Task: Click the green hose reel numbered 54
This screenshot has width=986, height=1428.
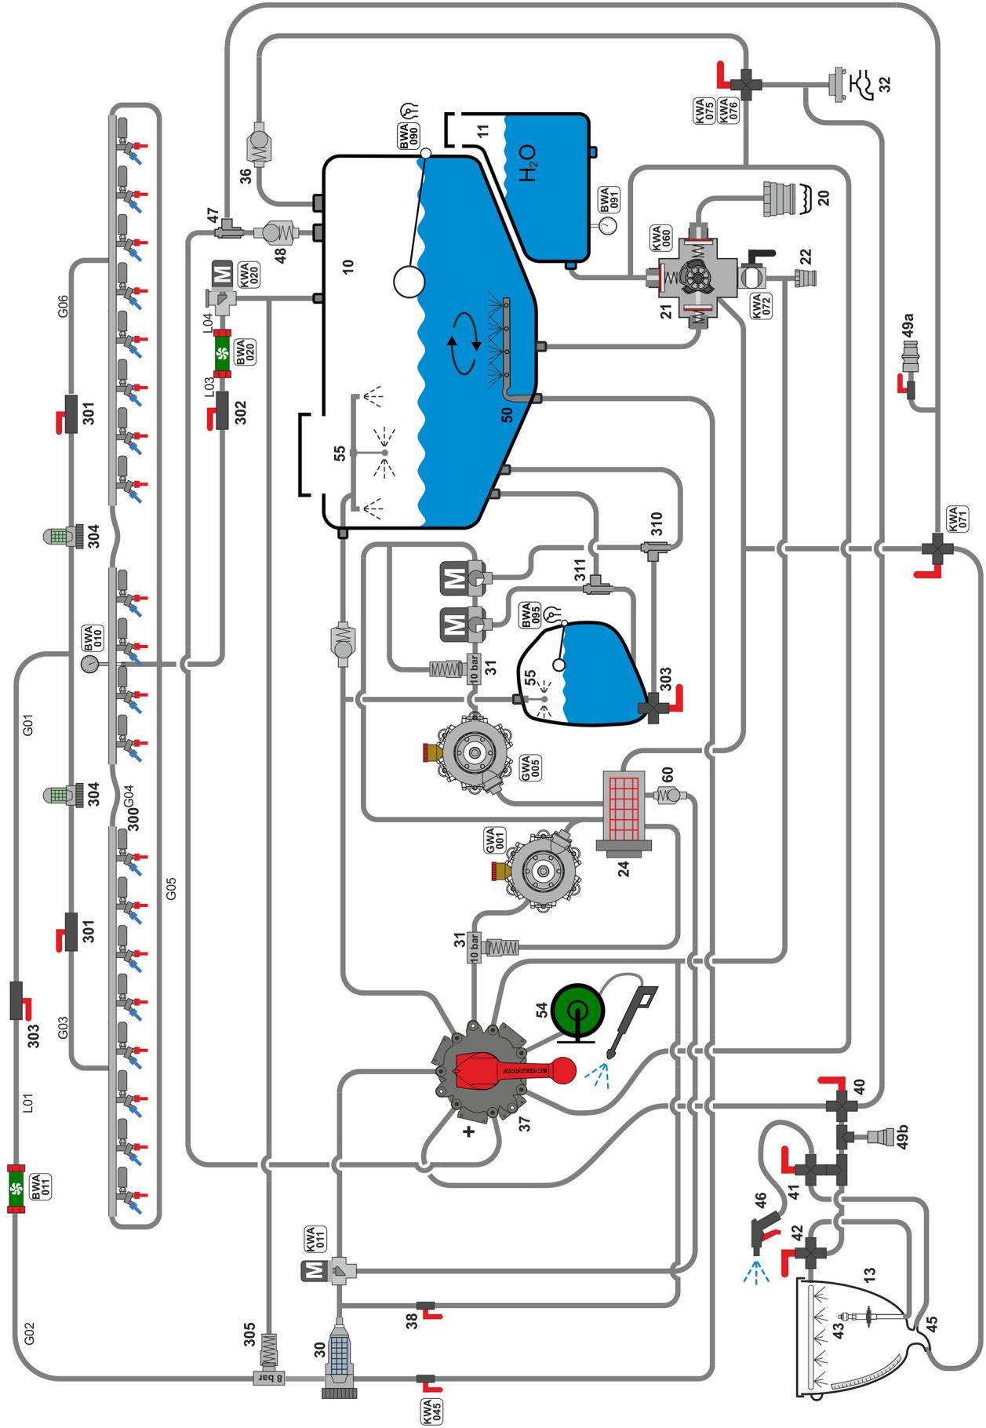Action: pos(577,1011)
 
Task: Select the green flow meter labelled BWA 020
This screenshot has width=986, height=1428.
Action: pos(222,353)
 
